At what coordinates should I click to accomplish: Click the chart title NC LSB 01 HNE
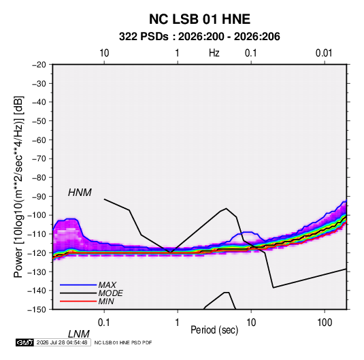199,19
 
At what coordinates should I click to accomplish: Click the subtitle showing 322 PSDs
199,37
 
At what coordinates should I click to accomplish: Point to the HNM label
80,193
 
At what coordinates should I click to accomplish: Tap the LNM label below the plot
79,334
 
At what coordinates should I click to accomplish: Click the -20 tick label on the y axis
39,65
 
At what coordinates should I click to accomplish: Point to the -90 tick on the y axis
39,196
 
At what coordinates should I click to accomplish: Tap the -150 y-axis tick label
37,310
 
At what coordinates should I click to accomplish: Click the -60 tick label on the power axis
39,140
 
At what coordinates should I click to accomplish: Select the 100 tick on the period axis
325,323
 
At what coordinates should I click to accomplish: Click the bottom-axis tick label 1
178,323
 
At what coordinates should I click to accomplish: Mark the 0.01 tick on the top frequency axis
324,53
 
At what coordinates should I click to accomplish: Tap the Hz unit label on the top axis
214,53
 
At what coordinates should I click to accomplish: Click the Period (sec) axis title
214,330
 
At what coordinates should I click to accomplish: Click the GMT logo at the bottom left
24,342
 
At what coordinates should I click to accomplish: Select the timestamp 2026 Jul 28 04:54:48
62,342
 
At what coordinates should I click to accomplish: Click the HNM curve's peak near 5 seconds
226,208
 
